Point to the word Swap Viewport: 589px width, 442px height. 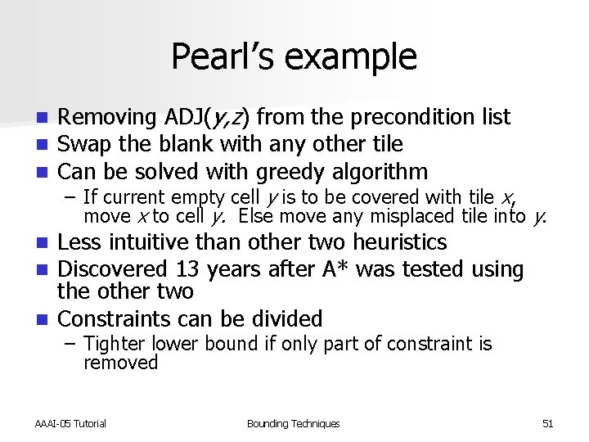pyautogui.click(x=86, y=145)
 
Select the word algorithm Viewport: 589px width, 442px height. pyautogui.click(x=381, y=172)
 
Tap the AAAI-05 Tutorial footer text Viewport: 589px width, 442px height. pyautogui.click(x=70, y=423)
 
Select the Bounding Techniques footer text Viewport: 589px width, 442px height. pyautogui.click(x=293, y=423)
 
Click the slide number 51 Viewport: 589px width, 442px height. pyautogui.click(x=548, y=423)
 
